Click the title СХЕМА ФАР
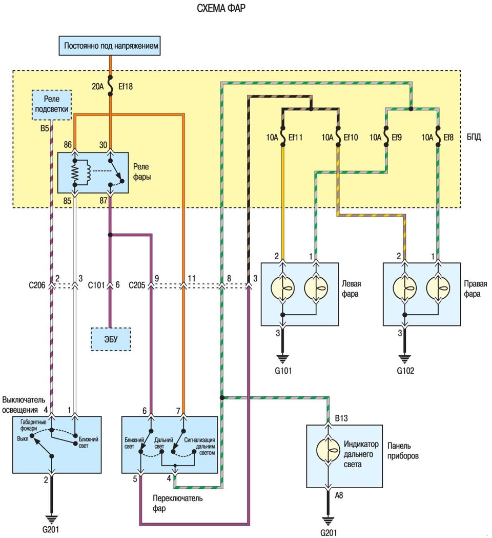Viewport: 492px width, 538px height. coord(221,8)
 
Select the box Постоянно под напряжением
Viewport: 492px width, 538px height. coord(110,46)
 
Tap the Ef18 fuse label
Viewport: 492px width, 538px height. coord(126,86)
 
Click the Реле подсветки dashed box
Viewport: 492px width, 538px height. coord(52,105)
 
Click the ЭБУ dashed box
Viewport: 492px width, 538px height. coord(111,339)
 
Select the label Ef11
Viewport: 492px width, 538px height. coord(295,138)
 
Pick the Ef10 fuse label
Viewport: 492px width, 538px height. coord(351,138)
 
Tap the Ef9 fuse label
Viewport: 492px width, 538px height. coord(396,138)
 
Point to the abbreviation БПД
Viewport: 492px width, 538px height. coord(474,137)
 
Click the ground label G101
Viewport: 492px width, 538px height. coord(283,371)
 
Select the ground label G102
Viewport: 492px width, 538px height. coord(406,371)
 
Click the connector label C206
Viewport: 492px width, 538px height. coord(37,285)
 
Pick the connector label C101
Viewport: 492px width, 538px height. coord(96,285)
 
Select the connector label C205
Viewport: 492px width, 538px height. coord(137,285)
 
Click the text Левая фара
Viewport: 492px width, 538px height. coord(351,289)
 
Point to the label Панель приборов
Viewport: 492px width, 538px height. coord(403,451)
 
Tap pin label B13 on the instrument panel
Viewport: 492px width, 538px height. coord(341,418)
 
